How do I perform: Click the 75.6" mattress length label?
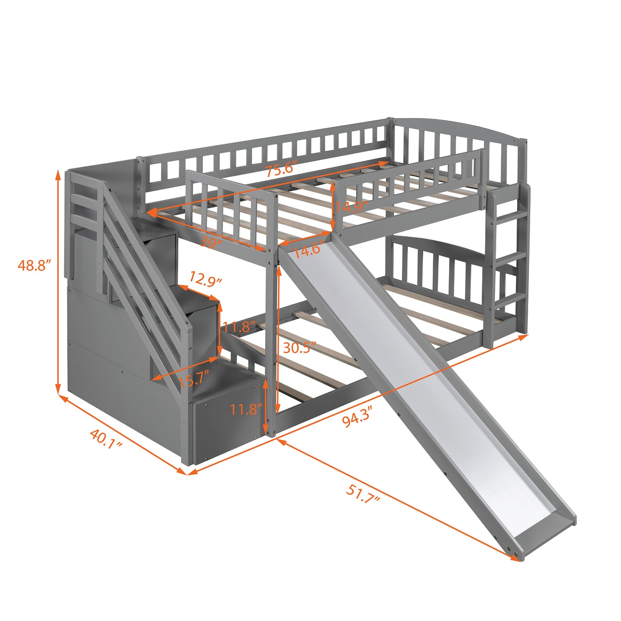[280, 169]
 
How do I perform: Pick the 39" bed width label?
[211, 242]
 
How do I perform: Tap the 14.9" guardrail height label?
[351, 206]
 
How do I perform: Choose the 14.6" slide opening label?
[307, 250]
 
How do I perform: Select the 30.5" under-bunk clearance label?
[299, 348]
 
